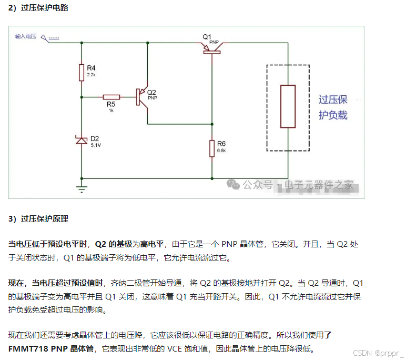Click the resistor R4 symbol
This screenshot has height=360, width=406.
(82, 72)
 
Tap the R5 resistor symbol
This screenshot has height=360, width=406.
(111, 97)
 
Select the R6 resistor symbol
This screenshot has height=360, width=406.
(212, 148)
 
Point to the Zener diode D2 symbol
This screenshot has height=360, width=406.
(82, 140)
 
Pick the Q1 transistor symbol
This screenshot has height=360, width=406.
(212, 48)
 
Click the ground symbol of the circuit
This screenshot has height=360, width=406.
(82, 185)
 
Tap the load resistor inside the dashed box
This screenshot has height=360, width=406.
(288, 106)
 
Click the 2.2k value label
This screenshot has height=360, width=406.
(91, 75)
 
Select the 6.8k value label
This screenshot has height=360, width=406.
(221, 151)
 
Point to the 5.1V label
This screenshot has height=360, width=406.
(96, 145)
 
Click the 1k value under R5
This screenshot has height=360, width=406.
(111, 111)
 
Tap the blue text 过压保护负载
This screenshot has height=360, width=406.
(333, 107)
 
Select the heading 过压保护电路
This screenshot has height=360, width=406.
(45, 8)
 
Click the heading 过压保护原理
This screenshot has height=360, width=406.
(45, 218)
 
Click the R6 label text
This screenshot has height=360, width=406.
(221, 144)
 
